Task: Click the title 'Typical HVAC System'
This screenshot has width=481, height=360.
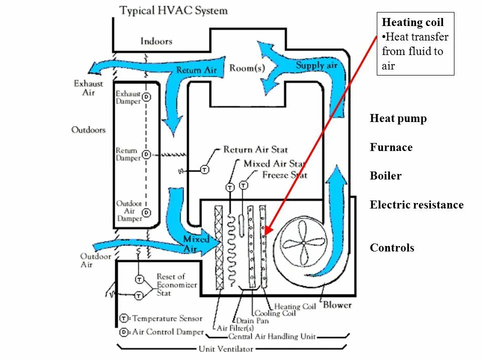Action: pos(173,10)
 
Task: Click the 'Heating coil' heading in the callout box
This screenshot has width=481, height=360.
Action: pos(412,22)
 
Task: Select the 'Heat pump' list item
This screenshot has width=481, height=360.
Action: pos(398,119)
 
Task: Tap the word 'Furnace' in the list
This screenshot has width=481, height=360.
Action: pos(391,147)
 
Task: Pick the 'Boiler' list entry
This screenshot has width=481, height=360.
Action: pos(385,176)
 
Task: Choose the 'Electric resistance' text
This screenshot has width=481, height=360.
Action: pos(416,205)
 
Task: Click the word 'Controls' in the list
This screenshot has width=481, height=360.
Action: pos(392,248)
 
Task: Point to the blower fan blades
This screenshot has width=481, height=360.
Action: pos(303,243)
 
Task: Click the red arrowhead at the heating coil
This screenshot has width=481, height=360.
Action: pos(267,230)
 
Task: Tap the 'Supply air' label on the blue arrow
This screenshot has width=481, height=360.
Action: pos(317,65)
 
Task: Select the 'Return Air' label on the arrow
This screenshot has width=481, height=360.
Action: pos(196,70)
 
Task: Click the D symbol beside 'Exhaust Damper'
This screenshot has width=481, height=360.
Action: pos(146,96)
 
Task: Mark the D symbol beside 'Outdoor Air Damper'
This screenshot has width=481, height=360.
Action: pos(146,212)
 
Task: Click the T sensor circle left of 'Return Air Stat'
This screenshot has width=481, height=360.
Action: pos(204,170)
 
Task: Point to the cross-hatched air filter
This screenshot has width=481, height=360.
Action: pos(219,247)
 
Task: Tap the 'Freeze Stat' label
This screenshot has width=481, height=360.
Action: pos(285,175)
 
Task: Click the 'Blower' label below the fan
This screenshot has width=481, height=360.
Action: pos(337,304)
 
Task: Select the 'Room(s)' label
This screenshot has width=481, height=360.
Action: pos(247,68)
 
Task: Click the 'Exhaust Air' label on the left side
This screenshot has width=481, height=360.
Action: pos(88,88)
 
